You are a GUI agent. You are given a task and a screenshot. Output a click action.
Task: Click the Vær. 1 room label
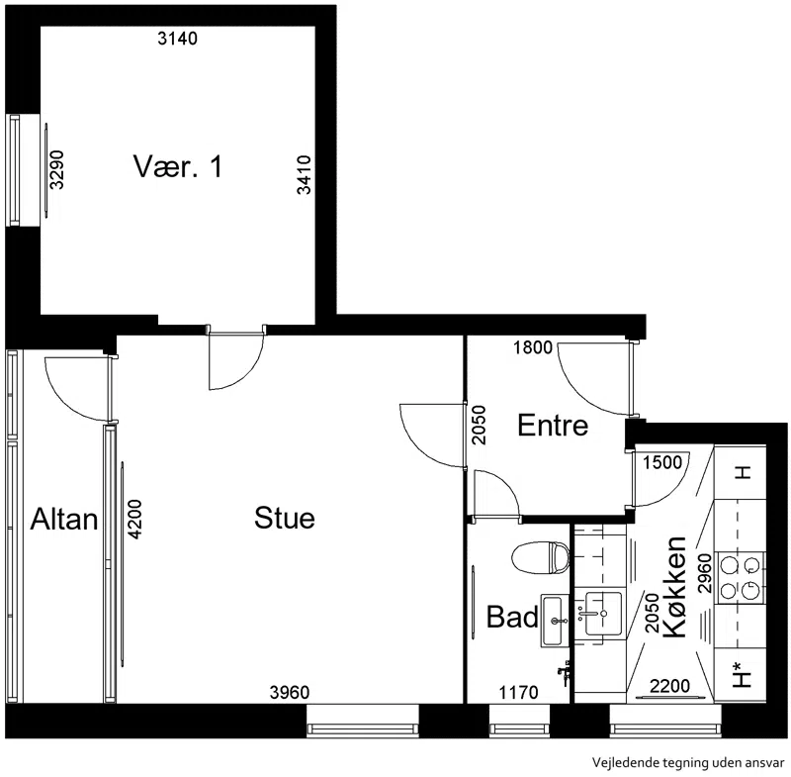point(178,166)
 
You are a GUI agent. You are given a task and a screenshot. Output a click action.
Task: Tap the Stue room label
point(285,518)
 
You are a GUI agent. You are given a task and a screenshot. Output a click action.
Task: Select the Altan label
point(64,519)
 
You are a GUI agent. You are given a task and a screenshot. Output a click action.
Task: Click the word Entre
point(553,425)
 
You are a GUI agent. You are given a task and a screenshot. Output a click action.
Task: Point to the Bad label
point(512,617)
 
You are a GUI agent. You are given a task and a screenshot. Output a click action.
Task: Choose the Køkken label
point(674,587)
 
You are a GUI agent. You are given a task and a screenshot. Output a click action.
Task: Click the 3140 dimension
point(178,39)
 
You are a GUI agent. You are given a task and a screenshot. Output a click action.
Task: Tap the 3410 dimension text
point(305,174)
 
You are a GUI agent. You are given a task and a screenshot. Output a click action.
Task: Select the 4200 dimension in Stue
point(134,519)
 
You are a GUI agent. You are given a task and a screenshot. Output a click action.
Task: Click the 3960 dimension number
point(290,692)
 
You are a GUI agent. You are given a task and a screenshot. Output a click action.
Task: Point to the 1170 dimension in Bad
point(518,692)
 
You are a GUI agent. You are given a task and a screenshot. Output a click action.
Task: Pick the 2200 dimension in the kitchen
point(670,686)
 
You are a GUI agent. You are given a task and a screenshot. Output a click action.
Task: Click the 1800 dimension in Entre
point(533,347)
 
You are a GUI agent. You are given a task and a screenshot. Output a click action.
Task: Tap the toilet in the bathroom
point(540,557)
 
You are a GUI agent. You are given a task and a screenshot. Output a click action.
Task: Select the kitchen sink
point(603,614)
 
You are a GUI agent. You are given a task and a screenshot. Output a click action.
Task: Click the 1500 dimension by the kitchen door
point(662,462)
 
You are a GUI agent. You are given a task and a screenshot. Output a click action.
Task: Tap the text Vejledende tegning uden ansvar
point(688,762)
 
